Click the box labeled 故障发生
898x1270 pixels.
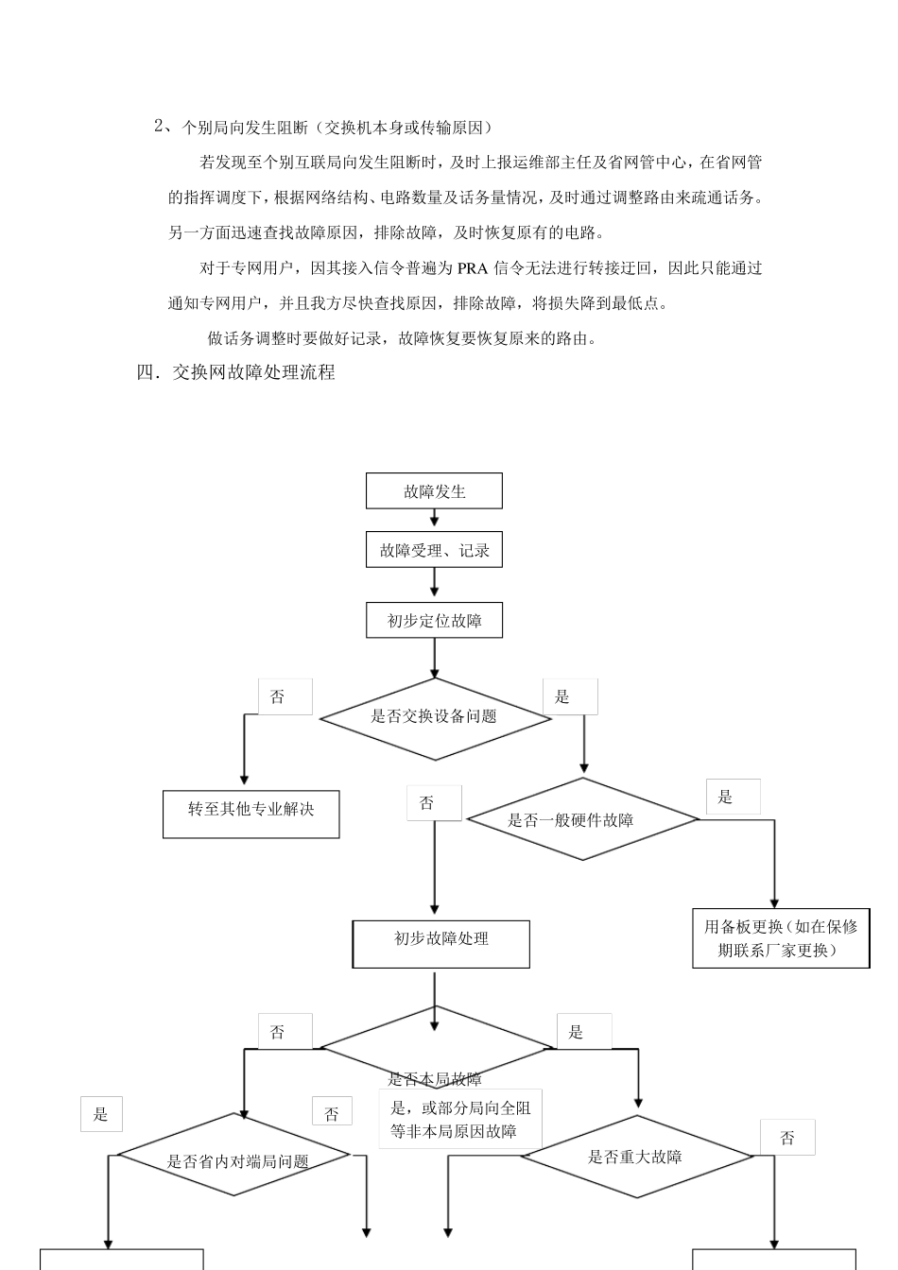[434, 491]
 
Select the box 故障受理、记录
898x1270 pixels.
[434, 550]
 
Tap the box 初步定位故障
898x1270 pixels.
[434, 621]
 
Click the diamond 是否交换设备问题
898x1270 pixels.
[435, 718]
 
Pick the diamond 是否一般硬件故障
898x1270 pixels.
[582, 820]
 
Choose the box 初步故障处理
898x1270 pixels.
[440, 943]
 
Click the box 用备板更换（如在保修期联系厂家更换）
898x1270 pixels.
[780, 938]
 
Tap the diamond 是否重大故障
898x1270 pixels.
[635, 1157]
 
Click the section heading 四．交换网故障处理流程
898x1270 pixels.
[236, 372]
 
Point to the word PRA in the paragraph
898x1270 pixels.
[472, 268]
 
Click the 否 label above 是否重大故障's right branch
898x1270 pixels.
[787, 1138]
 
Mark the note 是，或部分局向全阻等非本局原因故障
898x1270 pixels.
[460, 1120]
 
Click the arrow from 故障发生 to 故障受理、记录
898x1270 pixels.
[434, 518]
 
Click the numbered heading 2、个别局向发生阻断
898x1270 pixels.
[322, 127]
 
